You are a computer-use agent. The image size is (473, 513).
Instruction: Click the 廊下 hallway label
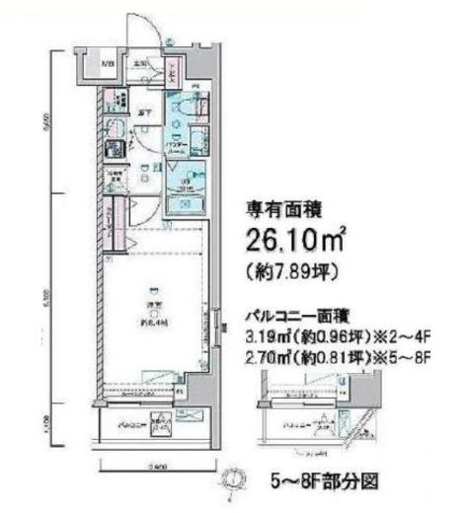tap(144, 112)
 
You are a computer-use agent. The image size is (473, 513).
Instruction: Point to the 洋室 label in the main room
tap(152, 306)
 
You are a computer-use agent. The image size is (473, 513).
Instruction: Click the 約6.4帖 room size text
tap(152, 320)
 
